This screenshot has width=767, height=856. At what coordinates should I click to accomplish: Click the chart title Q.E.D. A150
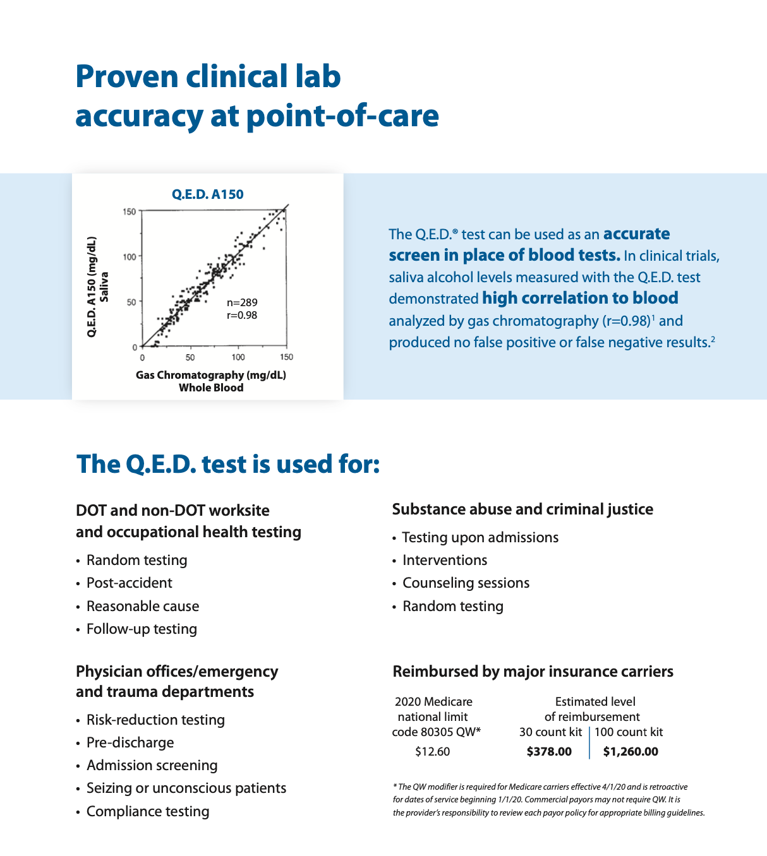pyautogui.click(x=207, y=194)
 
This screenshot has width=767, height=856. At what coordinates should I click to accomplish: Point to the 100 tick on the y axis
pyautogui.click(x=129, y=256)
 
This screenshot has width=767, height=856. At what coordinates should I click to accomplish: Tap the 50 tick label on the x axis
pyautogui.click(x=190, y=357)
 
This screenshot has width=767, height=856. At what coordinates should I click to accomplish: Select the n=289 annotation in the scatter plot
pyautogui.click(x=242, y=303)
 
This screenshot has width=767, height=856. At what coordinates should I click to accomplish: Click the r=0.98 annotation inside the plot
pyautogui.click(x=242, y=315)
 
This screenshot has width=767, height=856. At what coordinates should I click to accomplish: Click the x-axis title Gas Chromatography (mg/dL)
pyautogui.click(x=211, y=375)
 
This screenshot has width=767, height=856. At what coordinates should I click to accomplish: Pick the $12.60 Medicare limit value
pyautogui.click(x=433, y=752)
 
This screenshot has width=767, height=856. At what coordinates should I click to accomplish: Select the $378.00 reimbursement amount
pyautogui.click(x=549, y=752)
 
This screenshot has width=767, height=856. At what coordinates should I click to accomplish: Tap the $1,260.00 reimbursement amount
pyautogui.click(x=631, y=752)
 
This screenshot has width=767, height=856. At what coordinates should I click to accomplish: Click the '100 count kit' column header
pyautogui.click(x=629, y=732)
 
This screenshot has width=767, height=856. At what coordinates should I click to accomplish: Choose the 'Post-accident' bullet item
pyautogui.click(x=129, y=583)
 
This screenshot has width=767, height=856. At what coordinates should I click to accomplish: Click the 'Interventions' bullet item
pyautogui.click(x=445, y=560)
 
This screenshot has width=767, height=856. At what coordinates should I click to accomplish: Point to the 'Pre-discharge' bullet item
pyautogui.click(x=130, y=742)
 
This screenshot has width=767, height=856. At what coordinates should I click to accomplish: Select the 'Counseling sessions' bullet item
pyautogui.click(x=466, y=583)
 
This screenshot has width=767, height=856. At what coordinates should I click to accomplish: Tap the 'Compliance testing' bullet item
pyautogui.click(x=148, y=811)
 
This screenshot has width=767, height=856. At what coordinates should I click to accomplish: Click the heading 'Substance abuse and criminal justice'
pyautogui.click(x=522, y=509)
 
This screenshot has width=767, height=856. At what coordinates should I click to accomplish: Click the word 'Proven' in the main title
pyautogui.click(x=126, y=76)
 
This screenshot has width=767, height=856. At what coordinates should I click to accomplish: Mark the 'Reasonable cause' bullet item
pyautogui.click(x=143, y=606)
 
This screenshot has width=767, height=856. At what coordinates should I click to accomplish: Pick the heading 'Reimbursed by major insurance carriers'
pyautogui.click(x=533, y=671)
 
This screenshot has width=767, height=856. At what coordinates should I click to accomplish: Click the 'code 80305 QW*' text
pyautogui.click(x=436, y=732)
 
